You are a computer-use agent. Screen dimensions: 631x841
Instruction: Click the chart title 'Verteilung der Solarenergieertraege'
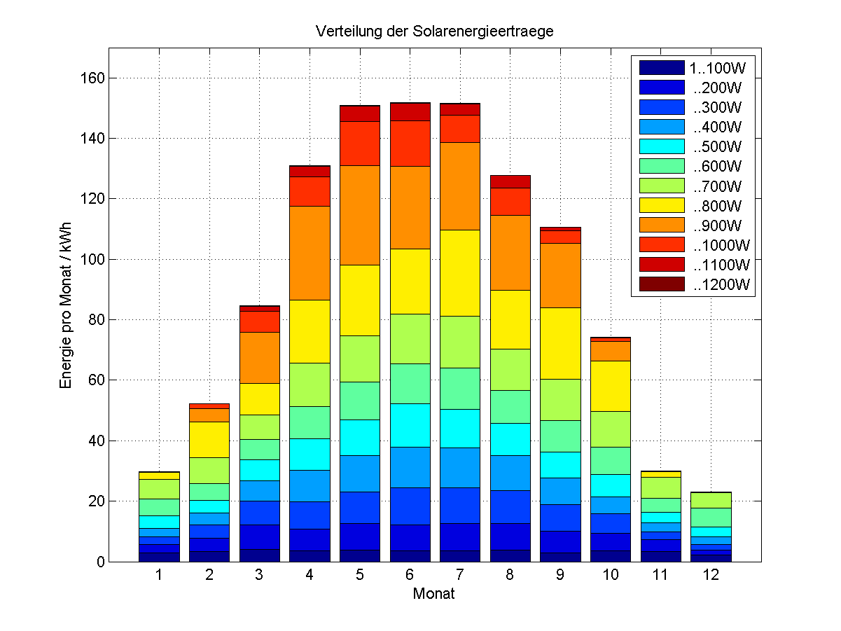click(435, 32)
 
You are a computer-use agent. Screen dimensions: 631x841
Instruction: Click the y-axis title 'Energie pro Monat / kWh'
click(67, 305)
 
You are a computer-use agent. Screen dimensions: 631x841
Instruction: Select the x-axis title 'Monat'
click(434, 594)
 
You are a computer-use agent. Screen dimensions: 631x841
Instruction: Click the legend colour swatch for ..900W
click(661, 226)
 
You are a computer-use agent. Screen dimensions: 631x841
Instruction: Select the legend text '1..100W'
click(718, 68)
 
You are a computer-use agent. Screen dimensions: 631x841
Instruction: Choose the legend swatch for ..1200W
click(661, 284)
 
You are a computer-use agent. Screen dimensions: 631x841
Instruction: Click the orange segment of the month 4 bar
click(310, 253)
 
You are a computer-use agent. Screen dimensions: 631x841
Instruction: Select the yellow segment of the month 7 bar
click(459, 273)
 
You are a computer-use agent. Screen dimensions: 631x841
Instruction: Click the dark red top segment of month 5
click(359, 113)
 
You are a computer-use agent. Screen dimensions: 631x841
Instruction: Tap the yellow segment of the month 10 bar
click(610, 386)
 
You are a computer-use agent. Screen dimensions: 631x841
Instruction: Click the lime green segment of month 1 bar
click(160, 489)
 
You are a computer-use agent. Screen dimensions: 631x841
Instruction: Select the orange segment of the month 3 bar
click(259, 358)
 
